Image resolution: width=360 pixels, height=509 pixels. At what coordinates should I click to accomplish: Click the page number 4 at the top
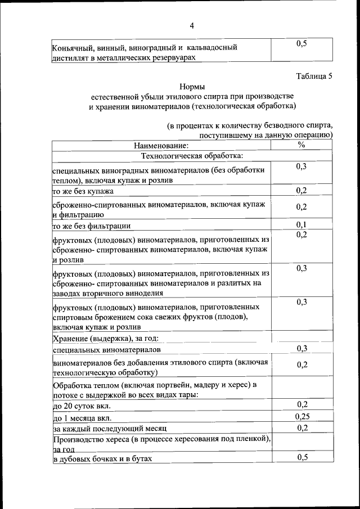tap(191, 26)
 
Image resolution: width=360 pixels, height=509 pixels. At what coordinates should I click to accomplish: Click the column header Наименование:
tap(161, 146)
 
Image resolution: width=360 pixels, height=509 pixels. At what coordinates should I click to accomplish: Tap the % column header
tap(301, 145)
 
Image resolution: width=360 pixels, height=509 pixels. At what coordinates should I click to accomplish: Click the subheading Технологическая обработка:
tap(192, 155)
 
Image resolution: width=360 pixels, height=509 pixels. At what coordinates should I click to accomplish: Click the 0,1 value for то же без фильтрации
tap(301, 226)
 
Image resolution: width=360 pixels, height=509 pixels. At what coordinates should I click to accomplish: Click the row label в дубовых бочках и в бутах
tap(103, 459)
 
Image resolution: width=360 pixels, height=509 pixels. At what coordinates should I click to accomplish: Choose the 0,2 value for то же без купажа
tap(301, 190)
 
